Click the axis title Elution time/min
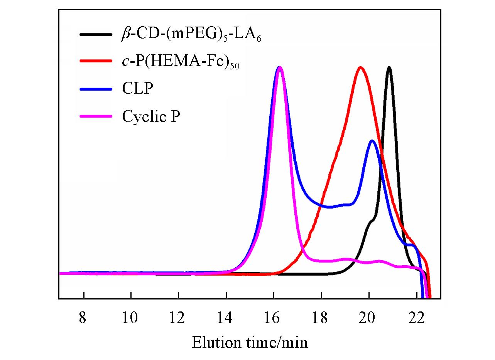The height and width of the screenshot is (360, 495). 250,341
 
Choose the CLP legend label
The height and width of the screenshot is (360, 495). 138,89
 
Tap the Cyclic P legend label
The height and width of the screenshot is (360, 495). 151,116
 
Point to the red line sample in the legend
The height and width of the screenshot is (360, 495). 96,62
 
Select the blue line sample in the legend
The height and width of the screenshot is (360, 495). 96,89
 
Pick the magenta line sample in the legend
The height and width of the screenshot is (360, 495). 96,116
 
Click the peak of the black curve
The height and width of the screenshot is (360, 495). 389,68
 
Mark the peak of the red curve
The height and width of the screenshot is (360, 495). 360,67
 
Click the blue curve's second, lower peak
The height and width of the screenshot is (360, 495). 372,141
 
